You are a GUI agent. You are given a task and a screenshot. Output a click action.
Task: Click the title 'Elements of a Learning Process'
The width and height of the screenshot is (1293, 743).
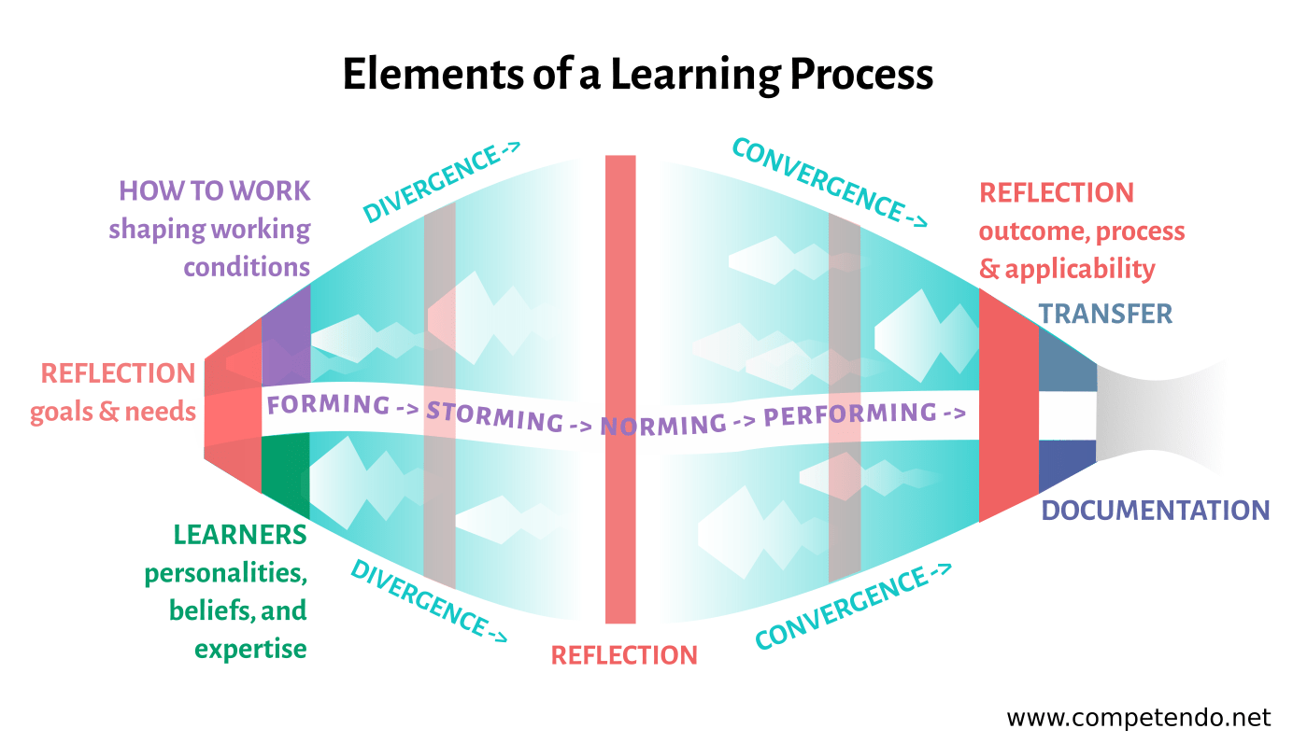638,74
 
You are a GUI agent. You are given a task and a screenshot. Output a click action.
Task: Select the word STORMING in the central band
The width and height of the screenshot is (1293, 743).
495,416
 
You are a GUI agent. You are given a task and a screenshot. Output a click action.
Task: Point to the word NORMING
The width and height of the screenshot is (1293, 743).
662,425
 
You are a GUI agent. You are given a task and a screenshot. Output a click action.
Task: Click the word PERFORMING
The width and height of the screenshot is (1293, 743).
850,414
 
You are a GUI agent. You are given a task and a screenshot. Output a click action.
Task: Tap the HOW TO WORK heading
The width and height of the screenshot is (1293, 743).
214,191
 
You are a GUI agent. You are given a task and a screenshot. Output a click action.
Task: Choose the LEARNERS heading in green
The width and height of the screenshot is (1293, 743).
240,535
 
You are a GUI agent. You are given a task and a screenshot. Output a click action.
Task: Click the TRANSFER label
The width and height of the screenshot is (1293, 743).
1105,314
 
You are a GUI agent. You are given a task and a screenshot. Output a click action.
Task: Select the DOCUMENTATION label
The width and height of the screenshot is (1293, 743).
1155,511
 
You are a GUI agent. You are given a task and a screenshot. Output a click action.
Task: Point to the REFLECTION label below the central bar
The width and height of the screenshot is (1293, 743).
624,654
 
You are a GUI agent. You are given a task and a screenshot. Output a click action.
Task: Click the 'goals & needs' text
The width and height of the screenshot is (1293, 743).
112,412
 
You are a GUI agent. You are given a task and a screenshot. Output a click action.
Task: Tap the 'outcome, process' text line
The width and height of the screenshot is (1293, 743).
1082,231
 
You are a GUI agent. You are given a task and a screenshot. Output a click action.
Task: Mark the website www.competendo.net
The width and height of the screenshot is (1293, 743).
1138,718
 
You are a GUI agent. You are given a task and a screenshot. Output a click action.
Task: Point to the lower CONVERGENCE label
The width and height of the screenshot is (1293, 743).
853,608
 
